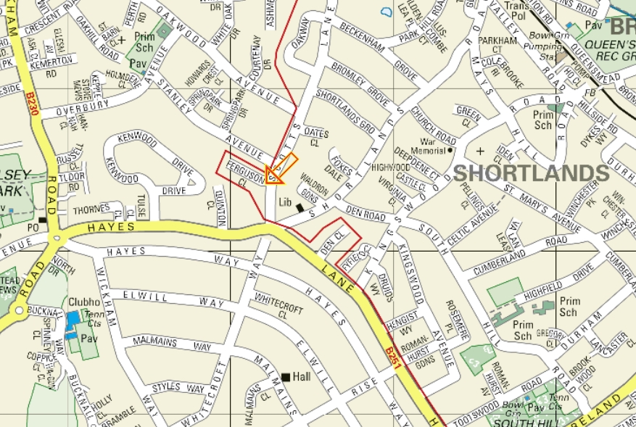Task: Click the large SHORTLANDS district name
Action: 531,173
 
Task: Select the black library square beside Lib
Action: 300,208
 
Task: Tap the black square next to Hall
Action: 286,377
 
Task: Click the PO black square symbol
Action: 43,220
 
